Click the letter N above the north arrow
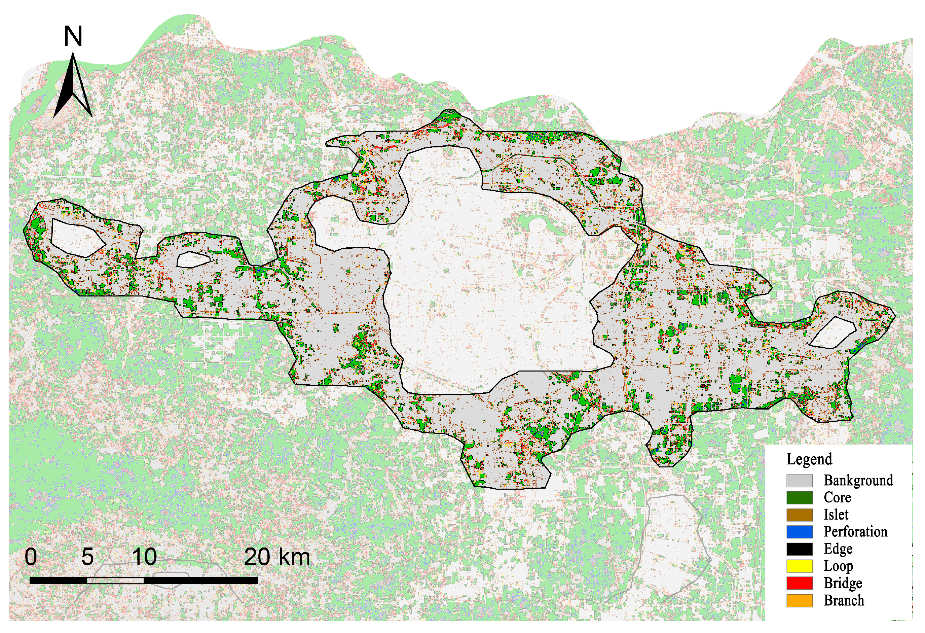click(x=73, y=36)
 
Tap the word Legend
click(x=809, y=459)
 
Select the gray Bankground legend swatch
click(x=799, y=481)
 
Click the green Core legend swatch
click(x=799, y=498)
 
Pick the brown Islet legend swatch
click(x=799, y=515)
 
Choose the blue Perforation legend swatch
click(x=799, y=532)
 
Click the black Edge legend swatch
click(x=799, y=549)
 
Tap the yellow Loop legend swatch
click(x=799, y=566)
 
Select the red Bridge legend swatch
click(x=799, y=583)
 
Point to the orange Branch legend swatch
click(x=799, y=600)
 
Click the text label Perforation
click(x=855, y=532)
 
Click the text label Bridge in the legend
click(x=843, y=583)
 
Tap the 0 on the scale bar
click(x=31, y=557)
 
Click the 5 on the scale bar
click(x=87, y=557)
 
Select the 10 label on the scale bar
click(x=144, y=557)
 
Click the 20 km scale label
click(x=276, y=557)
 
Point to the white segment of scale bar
click(x=115, y=581)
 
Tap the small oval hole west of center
click(x=193, y=259)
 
